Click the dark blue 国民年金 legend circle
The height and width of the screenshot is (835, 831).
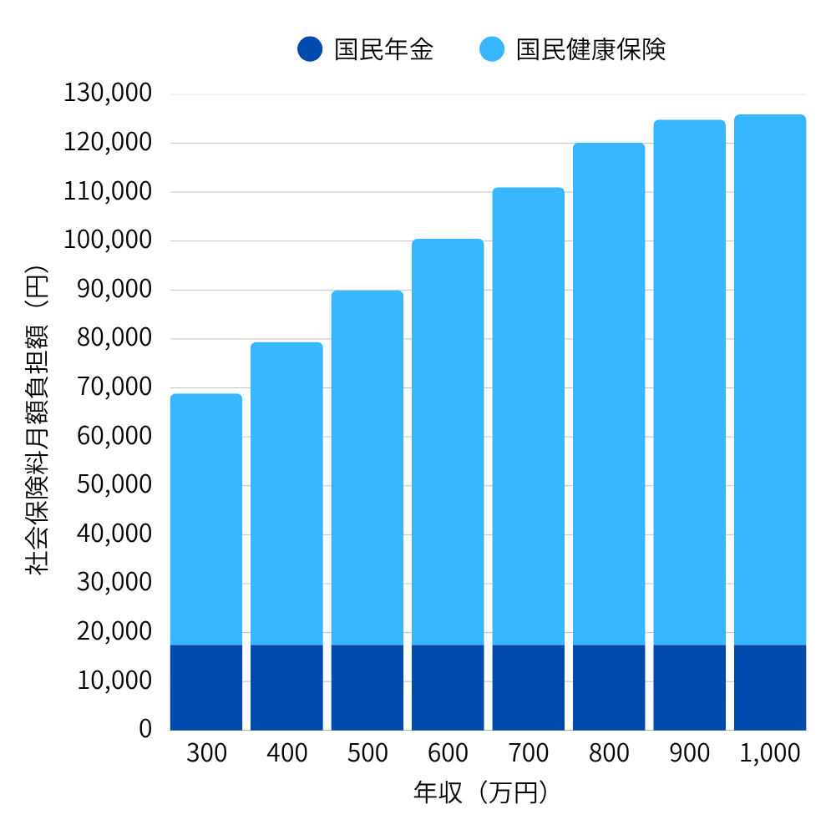point(309,49)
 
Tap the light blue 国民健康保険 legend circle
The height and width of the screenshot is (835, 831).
point(492,49)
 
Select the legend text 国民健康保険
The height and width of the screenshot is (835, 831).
point(590,49)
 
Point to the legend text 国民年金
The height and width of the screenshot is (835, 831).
point(384,49)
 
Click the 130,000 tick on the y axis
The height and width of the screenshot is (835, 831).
point(108,93)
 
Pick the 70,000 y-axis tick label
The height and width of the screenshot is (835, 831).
point(114,387)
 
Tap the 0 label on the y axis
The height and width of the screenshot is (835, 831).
point(145,729)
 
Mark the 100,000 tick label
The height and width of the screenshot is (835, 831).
point(108,240)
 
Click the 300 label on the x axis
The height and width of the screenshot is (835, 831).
point(206,753)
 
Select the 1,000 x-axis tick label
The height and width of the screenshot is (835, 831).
point(770,753)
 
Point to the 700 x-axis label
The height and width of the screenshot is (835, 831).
point(529,753)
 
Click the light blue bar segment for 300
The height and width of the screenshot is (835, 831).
point(206,518)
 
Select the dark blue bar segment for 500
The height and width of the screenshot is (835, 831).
point(367,687)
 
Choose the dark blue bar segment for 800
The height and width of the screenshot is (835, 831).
point(609,687)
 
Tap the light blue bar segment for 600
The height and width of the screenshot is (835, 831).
point(448,443)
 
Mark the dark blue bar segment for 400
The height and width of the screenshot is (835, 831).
point(286,687)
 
